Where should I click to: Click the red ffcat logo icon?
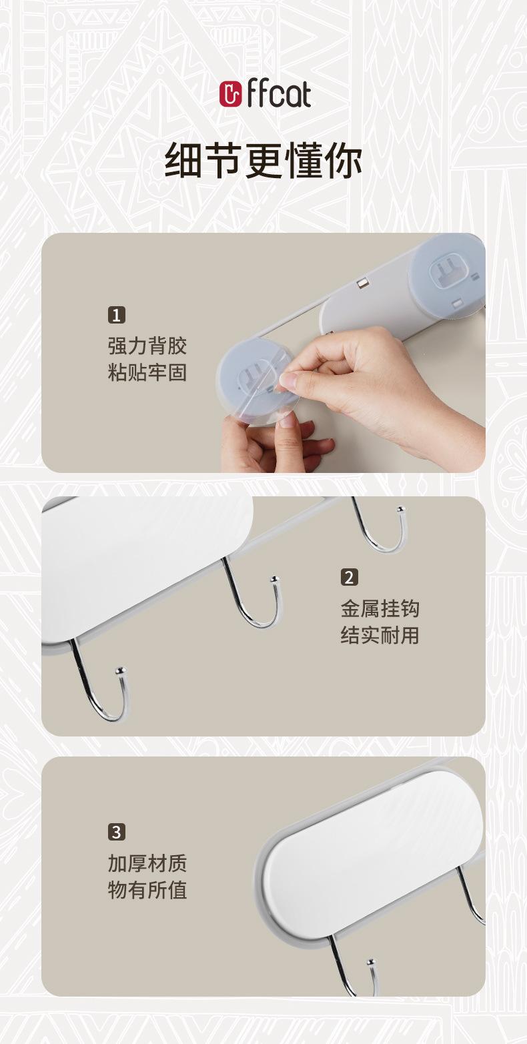[x=230, y=93]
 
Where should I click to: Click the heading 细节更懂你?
[x=263, y=161]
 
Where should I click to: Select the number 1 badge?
[x=117, y=315]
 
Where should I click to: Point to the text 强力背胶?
[x=147, y=346]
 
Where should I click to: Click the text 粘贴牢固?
[x=147, y=373]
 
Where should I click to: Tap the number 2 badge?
[x=350, y=577]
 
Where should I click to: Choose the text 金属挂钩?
[x=380, y=608]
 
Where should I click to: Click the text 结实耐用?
[x=380, y=635]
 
